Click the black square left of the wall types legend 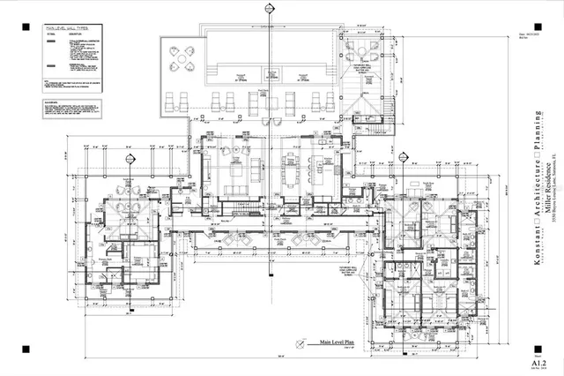click(25, 26)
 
